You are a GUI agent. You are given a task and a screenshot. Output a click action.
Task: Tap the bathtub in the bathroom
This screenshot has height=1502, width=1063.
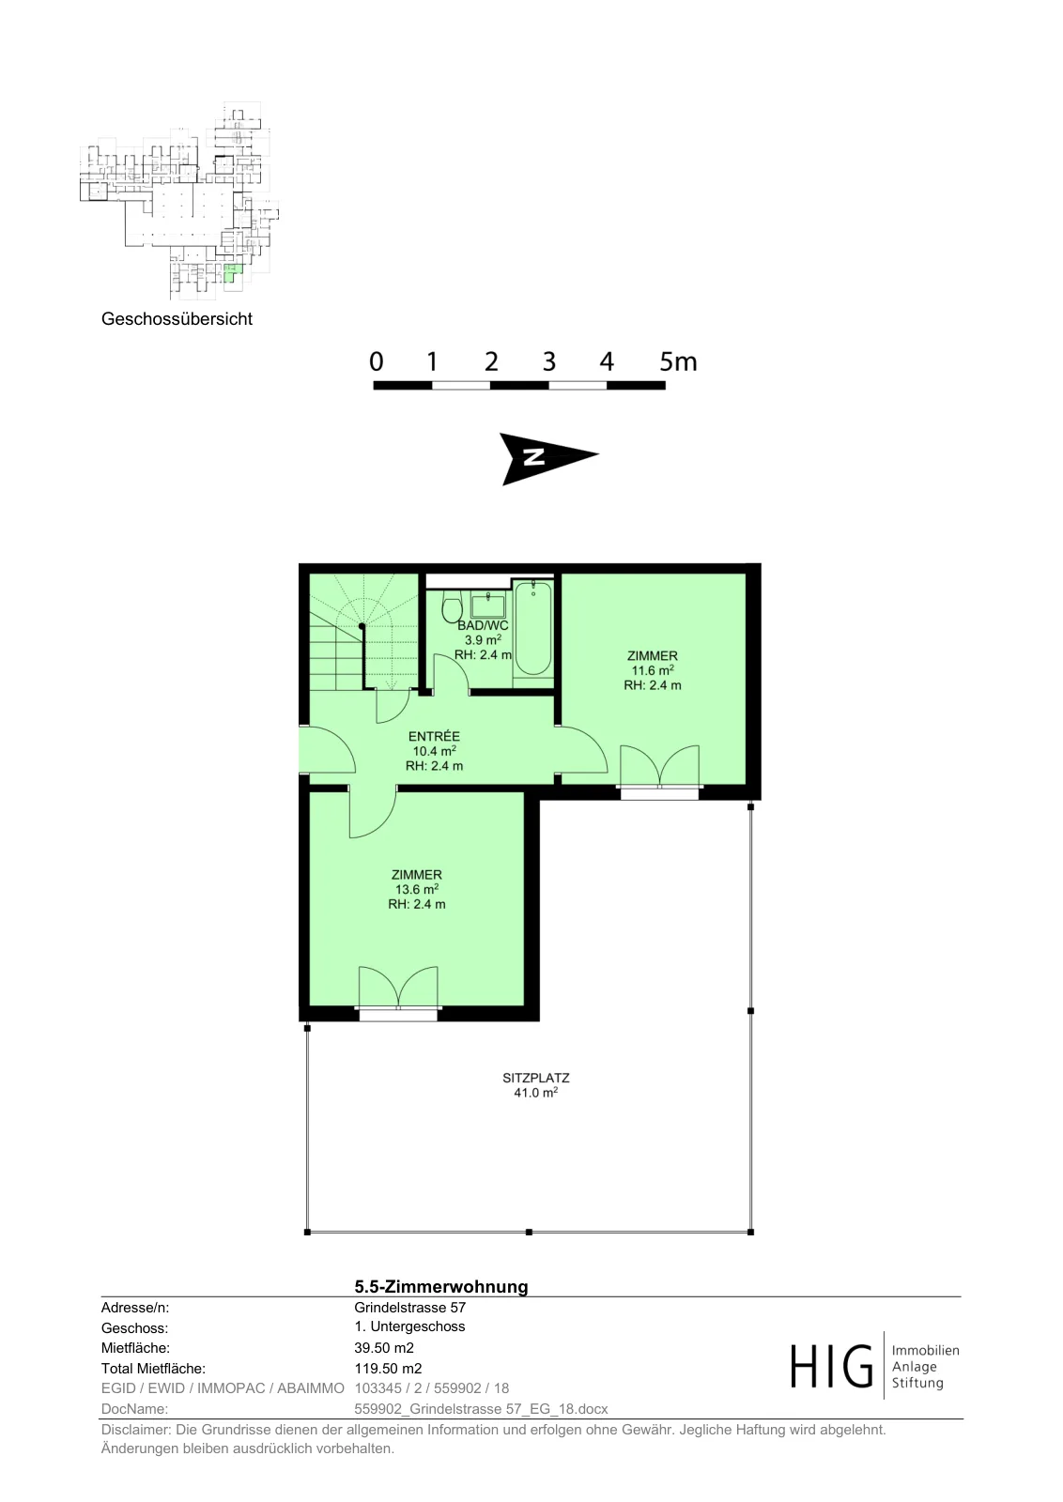point(533,628)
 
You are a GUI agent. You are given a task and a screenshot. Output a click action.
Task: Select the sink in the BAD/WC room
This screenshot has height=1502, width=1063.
point(487,605)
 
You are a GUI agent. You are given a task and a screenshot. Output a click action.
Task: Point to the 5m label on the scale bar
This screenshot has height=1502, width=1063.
point(678,361)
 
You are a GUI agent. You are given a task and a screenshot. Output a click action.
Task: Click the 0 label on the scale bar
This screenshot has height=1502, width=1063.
point(377,361)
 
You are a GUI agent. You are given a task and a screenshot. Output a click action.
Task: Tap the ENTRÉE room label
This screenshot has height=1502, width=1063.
point(434,736)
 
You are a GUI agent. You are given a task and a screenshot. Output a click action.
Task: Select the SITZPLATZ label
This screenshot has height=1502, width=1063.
point(536,1079)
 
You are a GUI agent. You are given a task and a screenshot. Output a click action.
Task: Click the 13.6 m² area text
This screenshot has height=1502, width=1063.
point(417,889)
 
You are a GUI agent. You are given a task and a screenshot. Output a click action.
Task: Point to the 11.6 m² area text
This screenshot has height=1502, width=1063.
point(652,670)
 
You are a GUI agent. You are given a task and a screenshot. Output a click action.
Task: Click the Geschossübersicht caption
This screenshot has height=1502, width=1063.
point(177,319)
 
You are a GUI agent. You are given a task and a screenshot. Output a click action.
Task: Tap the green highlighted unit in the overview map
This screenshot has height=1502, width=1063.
point(231,273)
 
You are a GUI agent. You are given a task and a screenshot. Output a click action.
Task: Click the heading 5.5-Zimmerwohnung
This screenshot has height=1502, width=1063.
point(441,1287)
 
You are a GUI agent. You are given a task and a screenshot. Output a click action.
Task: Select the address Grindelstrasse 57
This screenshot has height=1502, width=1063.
point(409,1308)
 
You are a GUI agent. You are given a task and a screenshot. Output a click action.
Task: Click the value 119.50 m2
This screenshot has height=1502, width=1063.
point(388,1369)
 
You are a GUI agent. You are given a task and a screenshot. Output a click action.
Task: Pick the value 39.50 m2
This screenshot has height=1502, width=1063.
point(384,1348)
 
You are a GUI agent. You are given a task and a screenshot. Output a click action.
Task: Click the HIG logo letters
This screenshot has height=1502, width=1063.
point(832,1366)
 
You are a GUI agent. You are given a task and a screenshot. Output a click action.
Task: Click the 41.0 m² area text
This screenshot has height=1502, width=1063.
point(536,1093)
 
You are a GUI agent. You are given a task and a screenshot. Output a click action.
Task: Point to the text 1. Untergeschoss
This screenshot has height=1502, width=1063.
point(409,1327)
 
